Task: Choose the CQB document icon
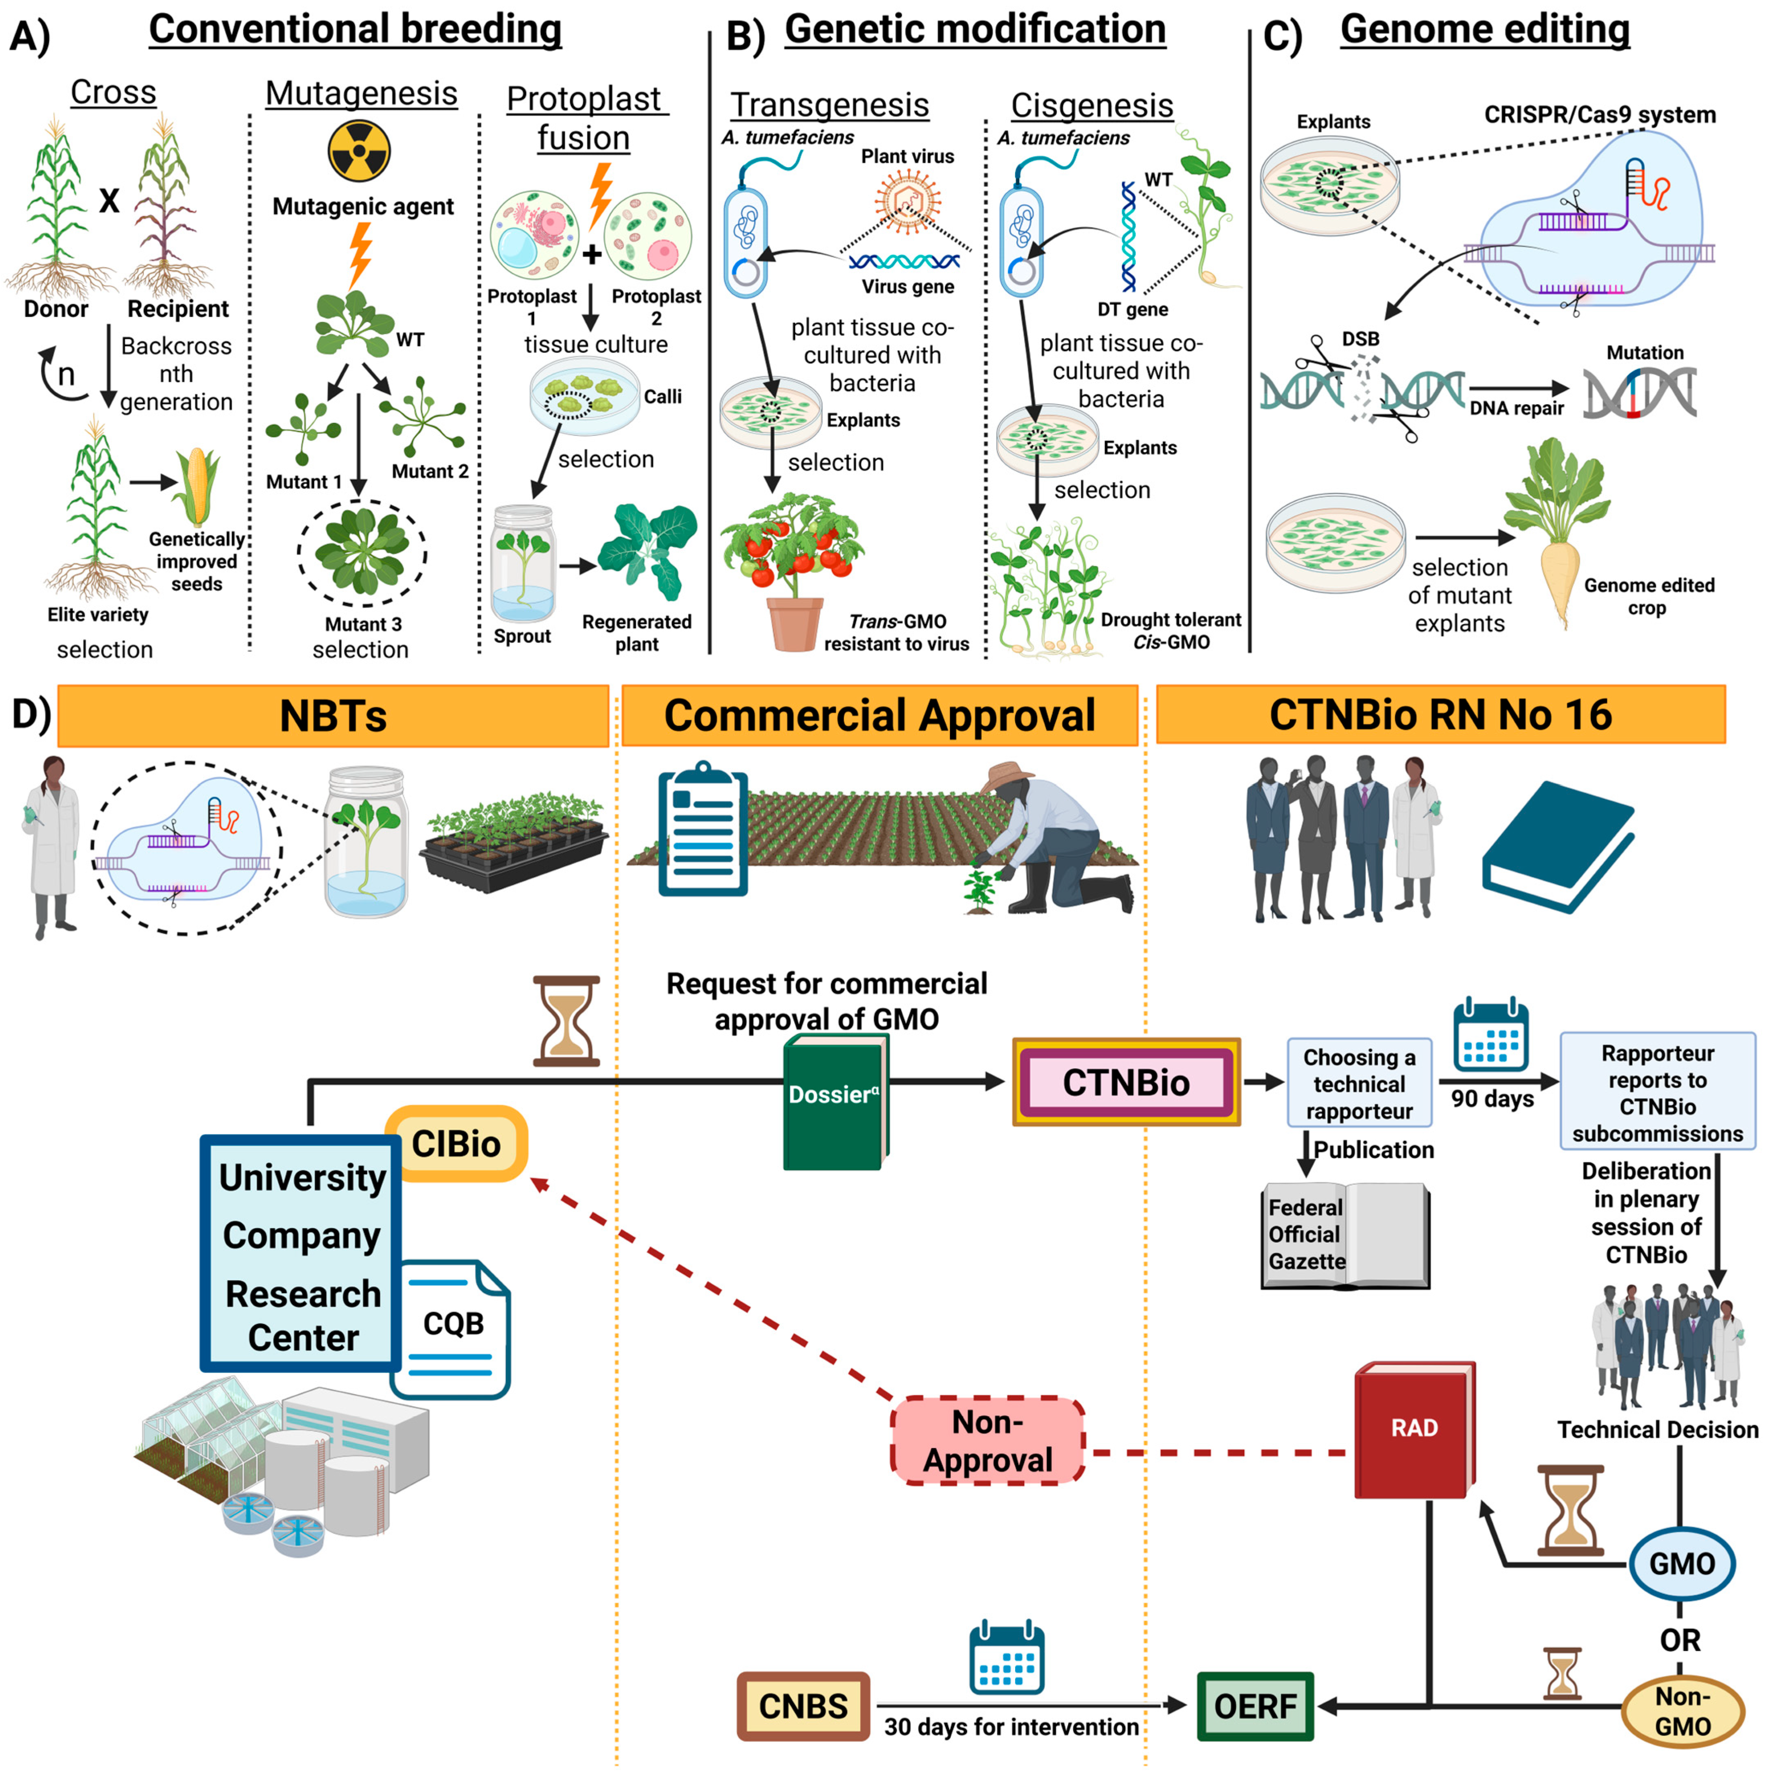tap(451, 1328)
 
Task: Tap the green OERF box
tap(1255, 1705)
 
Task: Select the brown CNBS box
tap(803, 1705)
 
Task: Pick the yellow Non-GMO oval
tap(1682, 1711)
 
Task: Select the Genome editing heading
tap(1484, 29)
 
